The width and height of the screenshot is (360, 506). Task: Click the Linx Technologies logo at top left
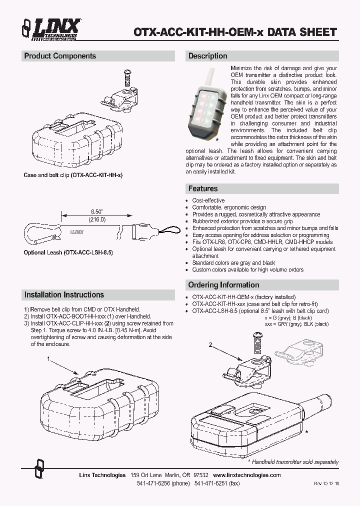[x=50, y=28]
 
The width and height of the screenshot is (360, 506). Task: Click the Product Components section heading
[x=60, y=56]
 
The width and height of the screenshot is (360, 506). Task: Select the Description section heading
[x=207, y=56]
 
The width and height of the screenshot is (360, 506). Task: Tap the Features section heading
[x=202, y=188]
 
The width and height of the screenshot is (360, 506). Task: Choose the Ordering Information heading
[x=223, y=285]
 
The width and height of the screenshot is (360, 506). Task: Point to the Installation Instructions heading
[x=64, y=295]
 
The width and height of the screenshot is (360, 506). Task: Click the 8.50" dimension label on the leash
[x=91, y=212]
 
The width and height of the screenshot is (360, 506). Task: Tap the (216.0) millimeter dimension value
[x=91, y=219]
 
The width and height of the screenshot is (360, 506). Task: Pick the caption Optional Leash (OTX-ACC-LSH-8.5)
[x=68, y=253]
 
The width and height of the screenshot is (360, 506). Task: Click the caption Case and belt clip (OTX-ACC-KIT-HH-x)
[x=73, y=175]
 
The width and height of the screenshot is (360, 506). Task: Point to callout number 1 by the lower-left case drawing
[x=48, y=359]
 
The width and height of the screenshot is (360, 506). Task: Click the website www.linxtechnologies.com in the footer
[x=247, y=475]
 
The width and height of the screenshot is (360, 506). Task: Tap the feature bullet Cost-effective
[x=208, y=200]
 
